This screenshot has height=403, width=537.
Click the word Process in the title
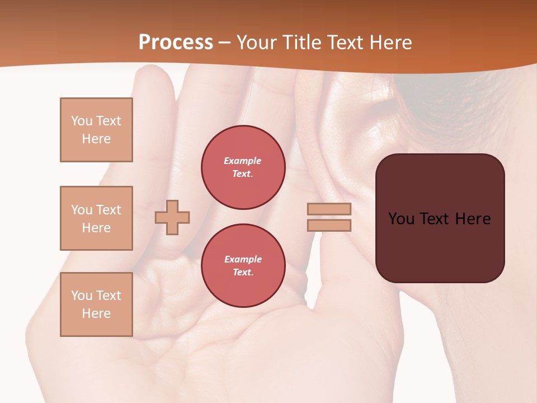[x=176, y=43]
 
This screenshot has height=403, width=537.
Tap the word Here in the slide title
[x=389, y=43]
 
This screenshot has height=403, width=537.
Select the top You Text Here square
[x=96, y=130]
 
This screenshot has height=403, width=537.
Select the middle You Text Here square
[x=96, y=218]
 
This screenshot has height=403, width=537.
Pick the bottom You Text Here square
[x=96, y=304]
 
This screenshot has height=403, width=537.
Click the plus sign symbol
[x=172, y=217]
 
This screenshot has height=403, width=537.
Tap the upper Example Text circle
[x=243, y=167]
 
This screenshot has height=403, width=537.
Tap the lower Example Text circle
[x=243, y=266]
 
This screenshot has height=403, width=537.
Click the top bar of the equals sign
[x=329, y=209]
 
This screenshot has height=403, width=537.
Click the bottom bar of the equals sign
[x=329, y=225]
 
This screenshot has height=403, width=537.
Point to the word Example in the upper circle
[x=243, y=161]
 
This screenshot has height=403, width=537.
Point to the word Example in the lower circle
[x=243, y=259]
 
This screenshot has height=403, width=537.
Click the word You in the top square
[x=82, y=121]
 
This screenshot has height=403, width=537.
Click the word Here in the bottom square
[x=96, y=313]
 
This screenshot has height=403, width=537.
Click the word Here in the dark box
[x=473, y=219]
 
